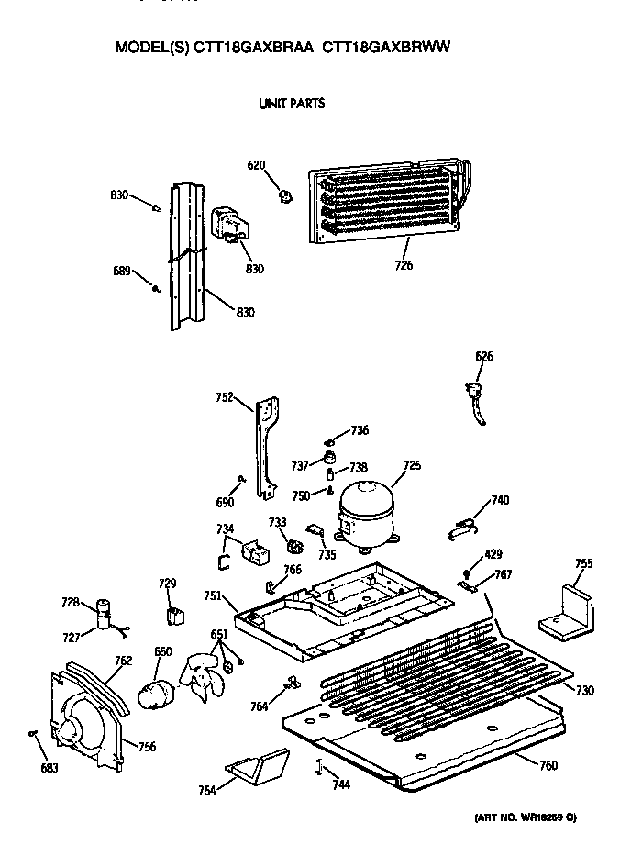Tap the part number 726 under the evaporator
(x=404, y=266)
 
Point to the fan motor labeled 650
(x=153, y=695)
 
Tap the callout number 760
(x=548, y=766)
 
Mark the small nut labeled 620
(x=285, y=195)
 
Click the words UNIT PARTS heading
(x=293, y=104)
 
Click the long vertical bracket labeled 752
(x=267, y=445)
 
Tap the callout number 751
(x=213, y=595)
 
